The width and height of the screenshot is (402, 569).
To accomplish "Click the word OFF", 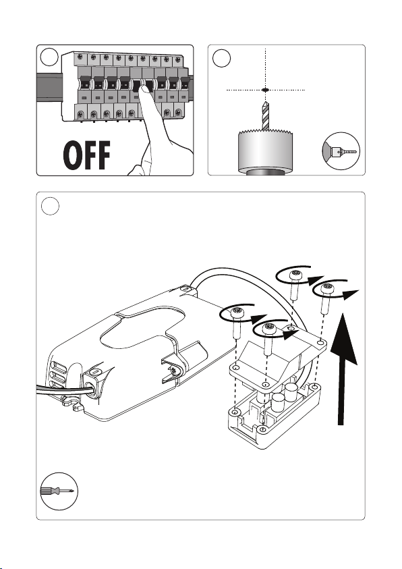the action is click(86, 155).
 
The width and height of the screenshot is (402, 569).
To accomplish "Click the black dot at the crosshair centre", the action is click(265, 89).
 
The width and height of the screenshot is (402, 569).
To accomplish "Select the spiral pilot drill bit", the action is click(265, 116).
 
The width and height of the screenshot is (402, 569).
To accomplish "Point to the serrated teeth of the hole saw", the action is click(265, 132).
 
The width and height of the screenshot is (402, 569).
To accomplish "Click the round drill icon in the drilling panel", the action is click(341, 151).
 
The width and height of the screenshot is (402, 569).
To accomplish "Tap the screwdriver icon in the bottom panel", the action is click(59, 491).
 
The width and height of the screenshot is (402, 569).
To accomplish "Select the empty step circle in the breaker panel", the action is click(49, 57).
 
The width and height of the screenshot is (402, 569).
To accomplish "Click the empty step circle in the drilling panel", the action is click(221, 58).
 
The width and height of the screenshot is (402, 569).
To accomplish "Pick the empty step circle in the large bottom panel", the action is click(50, 206).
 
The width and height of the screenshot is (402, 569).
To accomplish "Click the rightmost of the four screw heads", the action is click(328, 289).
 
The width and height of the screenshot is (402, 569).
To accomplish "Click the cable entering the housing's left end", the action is click(61, 390).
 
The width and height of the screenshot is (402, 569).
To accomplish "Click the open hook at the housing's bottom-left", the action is click(71, 403).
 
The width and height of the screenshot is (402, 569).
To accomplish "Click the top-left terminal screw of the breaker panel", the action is click(80, 57).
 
